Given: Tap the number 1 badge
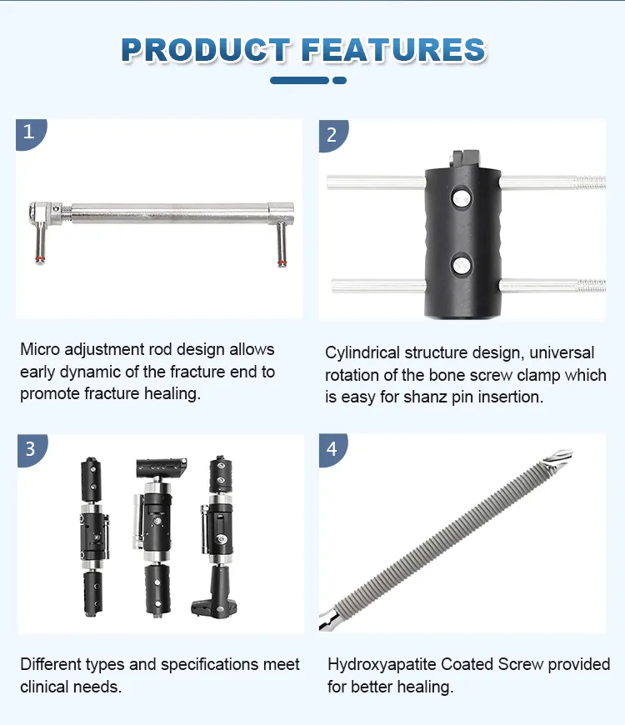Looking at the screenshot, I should [x=29, y=132].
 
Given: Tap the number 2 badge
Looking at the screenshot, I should [x=332, y=134].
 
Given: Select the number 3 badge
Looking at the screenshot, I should [x=30, y=448].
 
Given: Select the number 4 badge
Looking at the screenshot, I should [x=332, y=449].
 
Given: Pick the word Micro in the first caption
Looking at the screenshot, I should [x=40, y=349].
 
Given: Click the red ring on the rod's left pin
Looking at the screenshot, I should [x=39, y=259].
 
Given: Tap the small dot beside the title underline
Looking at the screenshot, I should [x=339, y=81].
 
